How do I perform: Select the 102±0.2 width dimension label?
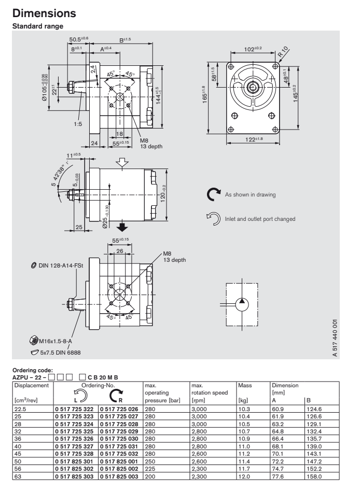pos(254,49)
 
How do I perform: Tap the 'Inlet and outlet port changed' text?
pos(260,218)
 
